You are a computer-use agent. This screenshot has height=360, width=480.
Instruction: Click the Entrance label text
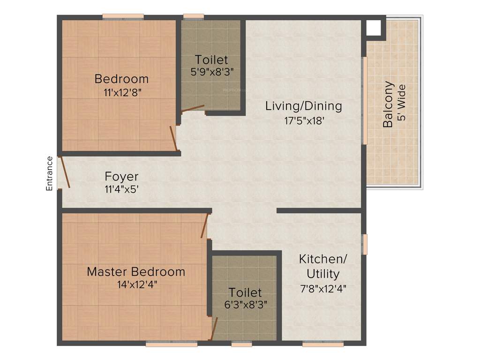point(49,173)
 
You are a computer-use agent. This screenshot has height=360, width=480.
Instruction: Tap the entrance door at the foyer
point(64,173)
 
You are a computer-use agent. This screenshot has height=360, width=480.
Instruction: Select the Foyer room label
point(121,177)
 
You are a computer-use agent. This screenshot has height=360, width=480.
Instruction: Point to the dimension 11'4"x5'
point(121,190)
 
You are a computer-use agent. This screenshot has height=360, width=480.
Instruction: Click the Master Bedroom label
point(136,271)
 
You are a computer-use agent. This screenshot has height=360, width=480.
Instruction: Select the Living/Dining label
point(303,106)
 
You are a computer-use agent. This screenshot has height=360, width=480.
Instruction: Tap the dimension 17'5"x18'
point(304,120)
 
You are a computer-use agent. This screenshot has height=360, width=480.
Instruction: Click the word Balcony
point(388,105)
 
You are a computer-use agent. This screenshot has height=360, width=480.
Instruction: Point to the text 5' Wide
point(401,103)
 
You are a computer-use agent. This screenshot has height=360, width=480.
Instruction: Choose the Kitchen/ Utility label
point(323,266)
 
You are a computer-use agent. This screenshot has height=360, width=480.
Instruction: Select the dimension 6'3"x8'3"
point(245,304)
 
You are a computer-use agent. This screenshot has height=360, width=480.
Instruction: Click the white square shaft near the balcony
point(374,28)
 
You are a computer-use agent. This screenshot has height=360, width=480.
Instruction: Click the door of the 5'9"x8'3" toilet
point(193,109)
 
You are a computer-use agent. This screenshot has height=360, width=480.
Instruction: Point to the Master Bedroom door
point(204,225)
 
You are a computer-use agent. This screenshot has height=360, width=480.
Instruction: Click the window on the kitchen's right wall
point(365,244)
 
